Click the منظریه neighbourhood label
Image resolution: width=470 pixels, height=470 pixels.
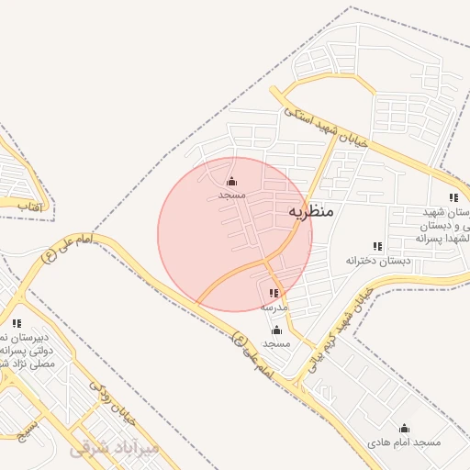(x=311, y=211)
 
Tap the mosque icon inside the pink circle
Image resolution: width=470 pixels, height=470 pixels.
(x=231, y=182)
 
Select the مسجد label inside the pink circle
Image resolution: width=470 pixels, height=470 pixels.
(x=231, y=196)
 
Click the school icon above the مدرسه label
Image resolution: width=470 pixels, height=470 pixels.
(x=274, y=294)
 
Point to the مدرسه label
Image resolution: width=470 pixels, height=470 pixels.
(x=275, y=306)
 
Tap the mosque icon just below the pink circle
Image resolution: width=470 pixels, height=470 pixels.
(x=276, y=330)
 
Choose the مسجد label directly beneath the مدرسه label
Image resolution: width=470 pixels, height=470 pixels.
(x=276, y=343)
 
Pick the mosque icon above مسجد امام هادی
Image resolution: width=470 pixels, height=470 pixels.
(x=404, y=429)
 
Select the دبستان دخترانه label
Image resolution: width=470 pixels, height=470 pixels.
(x=377, y=261)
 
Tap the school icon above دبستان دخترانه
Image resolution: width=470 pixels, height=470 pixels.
(x=377, y=246)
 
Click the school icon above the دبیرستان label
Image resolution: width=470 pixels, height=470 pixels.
(x=17, y=323)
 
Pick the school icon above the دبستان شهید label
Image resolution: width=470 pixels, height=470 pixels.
(x=453, y=197)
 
